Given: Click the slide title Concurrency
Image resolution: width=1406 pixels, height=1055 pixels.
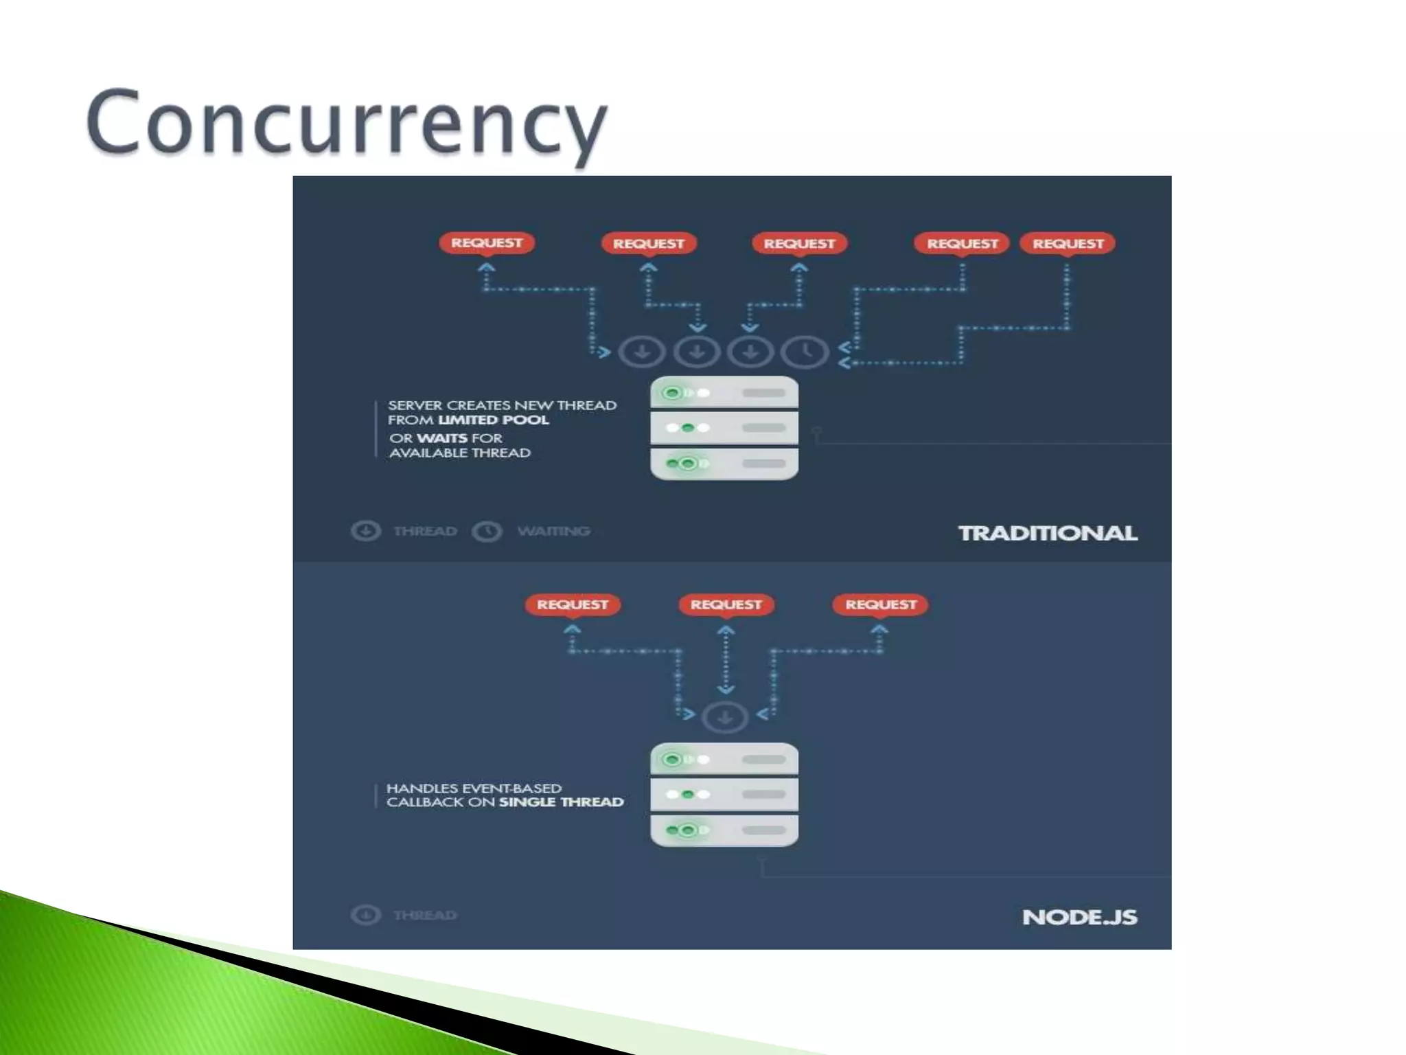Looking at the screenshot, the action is (x=347, y=124).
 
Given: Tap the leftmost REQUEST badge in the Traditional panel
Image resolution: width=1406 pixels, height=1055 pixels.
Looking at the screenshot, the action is (x=487, y=243).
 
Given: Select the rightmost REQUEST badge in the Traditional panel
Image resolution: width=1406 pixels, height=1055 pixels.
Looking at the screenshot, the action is (x=1068, y=244).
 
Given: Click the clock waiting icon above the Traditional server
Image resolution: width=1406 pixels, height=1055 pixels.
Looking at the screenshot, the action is (x=806, y=352).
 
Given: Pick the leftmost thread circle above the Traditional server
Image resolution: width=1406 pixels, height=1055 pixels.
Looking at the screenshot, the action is (x=642, y=352).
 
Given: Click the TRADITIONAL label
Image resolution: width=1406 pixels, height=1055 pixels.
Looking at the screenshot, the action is (x=1048, y=533).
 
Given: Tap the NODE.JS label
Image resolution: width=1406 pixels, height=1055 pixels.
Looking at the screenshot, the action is (x=1079, y=917).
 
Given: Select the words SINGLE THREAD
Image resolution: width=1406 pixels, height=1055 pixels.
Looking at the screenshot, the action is (x=561, y=802).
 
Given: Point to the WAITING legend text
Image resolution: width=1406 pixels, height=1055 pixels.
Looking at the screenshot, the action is (x=553, y=531).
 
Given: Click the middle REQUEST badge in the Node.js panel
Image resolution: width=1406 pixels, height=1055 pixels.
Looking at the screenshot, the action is (x=726, y=604).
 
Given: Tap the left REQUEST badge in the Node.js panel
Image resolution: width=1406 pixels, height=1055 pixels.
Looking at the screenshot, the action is (x=573, y=604).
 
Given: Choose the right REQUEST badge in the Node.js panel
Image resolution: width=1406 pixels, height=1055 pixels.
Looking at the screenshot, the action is (x=881, y=604).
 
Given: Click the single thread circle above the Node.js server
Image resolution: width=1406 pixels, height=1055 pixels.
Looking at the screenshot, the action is (x=725, y=718).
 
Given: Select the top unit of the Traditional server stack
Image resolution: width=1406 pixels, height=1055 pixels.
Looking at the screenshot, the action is (x=724, y=393).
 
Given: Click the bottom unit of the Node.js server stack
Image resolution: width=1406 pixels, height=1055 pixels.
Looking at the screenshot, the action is (x=724, y=830).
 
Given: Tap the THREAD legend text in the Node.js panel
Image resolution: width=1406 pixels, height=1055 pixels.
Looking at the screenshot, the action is (x=425, y=915).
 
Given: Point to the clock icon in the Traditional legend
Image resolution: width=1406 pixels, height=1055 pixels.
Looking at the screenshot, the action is (x=487, y=531).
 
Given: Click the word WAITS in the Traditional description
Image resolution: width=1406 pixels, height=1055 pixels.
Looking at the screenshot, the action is (x=441, y=438).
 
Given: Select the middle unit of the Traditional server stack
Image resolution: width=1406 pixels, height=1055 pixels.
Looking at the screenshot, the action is (x=724, y=428).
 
